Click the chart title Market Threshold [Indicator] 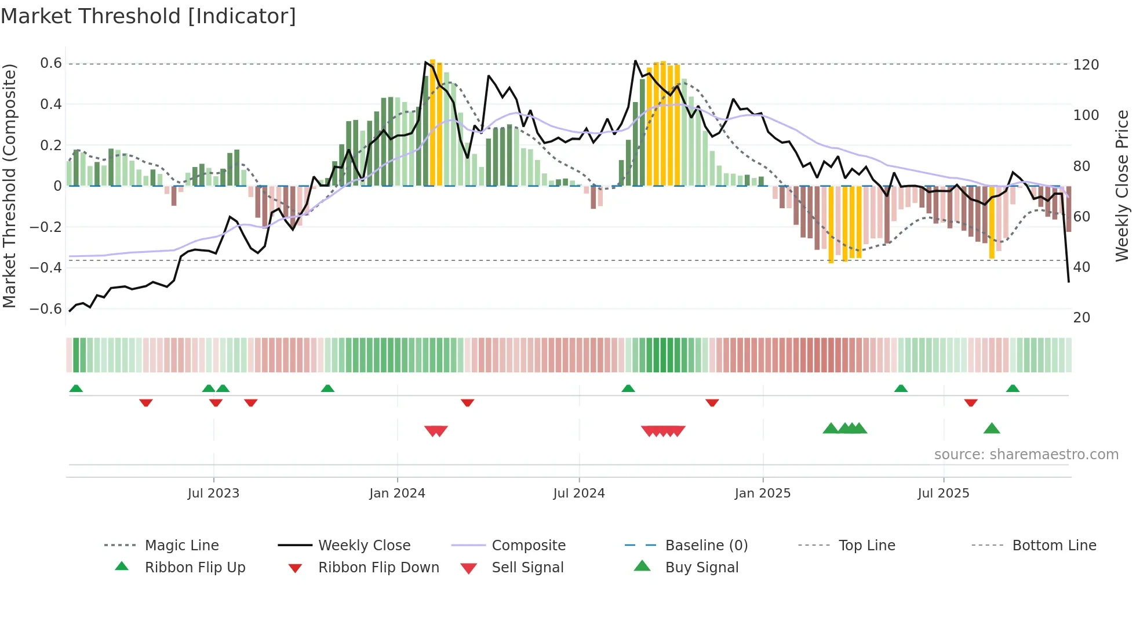[x=148, y=16]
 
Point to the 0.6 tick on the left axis [x=51, y=63]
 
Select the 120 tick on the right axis [x=1086, y=64]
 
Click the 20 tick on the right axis [x=1082, y=317]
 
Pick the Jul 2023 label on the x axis [x=213, y=493]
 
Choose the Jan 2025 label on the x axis [x=762, y=493]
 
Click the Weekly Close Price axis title [x=1122, y=186]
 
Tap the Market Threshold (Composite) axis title [x=9, y=186]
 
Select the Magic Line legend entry [x=181, y=546]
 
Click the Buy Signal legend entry [x=701, y=568]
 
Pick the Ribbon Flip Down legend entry [x=378, y=568]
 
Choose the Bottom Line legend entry [x=1054, y=546]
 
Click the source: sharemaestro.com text [x=1026, y=455]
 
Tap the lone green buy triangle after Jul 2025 [x=992, y=429]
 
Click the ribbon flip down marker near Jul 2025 [x=971, y=402]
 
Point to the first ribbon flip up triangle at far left [x=76, y=389]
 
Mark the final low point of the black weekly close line [x=1069, y=282]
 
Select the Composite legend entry [x=528, y=546]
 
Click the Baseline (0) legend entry [x=706, y=546]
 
